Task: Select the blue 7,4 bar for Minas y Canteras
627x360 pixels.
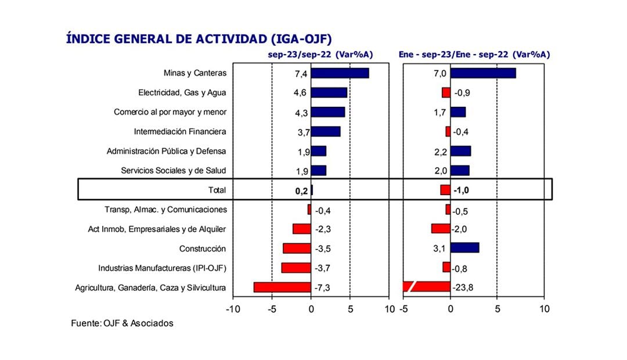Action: tap(340, 73)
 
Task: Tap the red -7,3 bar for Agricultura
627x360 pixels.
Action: tap(282, 287)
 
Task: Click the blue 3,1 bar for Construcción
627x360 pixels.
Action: tap(464, 248)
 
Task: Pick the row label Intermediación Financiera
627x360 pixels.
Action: tap(180, 132)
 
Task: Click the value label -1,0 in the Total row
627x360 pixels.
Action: tap(463, 190)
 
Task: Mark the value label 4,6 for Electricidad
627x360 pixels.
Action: tap(300, 92)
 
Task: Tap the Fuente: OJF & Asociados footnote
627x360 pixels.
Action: tap(122, 323)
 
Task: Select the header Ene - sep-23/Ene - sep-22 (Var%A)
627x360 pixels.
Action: tap(474, 54)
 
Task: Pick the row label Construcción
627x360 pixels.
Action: tap(203, 249)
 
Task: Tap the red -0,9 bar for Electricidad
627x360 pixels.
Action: tap(446, 92)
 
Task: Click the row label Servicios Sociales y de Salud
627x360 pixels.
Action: tap(173, 171)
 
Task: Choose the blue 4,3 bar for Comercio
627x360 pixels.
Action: tap(328, 112)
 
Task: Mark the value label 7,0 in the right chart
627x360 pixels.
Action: tap(439, 73)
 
